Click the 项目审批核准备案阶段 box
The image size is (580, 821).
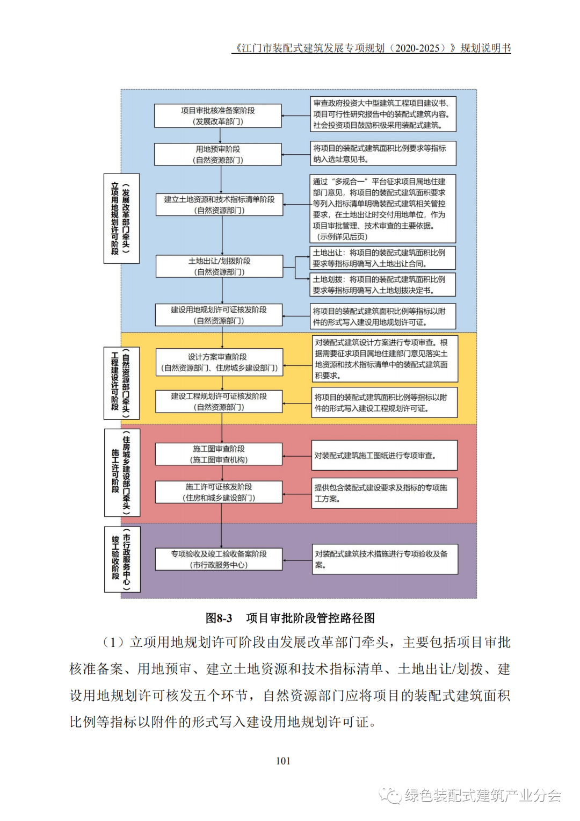[x=218, y=116]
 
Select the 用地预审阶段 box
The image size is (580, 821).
[x=218, y=154]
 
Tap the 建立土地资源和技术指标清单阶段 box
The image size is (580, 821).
[x=219, y=205]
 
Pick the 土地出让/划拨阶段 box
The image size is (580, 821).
[x=219, y=267]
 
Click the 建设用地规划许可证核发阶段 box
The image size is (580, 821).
[x=219, y=315]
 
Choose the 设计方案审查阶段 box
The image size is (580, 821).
[x=219, y=362]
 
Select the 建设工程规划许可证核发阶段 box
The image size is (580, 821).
[x=219, y=401]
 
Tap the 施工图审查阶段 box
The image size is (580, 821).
[x=219, y=454]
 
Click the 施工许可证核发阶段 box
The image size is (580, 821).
[x=219, y=492]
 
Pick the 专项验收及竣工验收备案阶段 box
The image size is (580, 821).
[x=219, y=559]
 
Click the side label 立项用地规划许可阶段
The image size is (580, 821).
[x=121, y=219]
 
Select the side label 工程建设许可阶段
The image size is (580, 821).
[x=121, y=383]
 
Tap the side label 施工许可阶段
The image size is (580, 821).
[x=122, y=472]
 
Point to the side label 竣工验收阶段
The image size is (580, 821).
[x=122, y=559]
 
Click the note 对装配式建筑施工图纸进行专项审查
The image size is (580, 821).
[x=385, y=456]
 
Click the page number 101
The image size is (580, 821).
[x=283, y=761]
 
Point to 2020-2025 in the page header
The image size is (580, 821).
[x=417, y=48]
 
